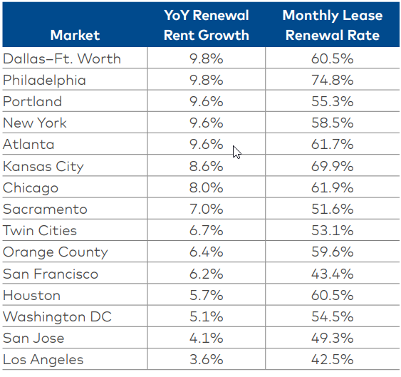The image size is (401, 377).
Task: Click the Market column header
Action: coord(75,34)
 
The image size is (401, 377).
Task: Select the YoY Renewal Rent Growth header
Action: coord(206,25)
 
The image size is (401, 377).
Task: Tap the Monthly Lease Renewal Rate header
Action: coord(332,25)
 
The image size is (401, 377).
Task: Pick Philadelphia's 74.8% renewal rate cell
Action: coord(333,80)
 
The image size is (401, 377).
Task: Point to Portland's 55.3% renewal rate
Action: coord(333,101)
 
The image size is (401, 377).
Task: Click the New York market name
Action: coord(35,123)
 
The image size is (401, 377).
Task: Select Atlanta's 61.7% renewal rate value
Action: coord(333,145)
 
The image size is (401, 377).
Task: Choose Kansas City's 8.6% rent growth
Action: coord(207,166)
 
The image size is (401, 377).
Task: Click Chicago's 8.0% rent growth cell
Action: coord(207,187)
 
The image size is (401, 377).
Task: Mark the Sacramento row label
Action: coord(45,209)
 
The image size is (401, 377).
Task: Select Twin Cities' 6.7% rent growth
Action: coord(207,230)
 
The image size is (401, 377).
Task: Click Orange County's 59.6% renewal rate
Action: coord(333,252)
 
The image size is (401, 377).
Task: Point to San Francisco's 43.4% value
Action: coord(333,274)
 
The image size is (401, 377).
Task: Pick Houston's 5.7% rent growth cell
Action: coord(207,295)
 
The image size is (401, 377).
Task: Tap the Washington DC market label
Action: coord(57,316)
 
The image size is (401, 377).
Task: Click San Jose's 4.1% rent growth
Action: coord(207,338)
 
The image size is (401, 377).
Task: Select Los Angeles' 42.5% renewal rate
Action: coord(333,360)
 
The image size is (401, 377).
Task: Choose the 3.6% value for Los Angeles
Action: coord(207,360)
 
